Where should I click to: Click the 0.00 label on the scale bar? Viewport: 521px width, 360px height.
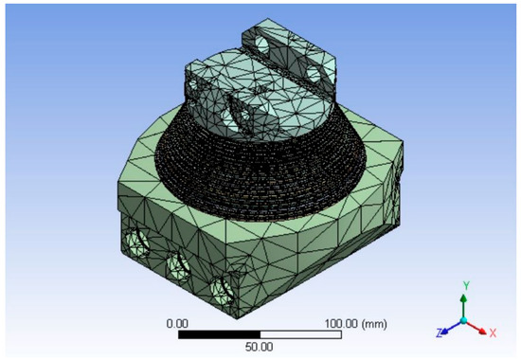pyautogui.click(x=178, y=323)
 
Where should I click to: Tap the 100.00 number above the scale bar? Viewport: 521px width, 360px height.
pyautogui.click(x=315, y=323)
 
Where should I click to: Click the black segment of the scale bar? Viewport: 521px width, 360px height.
pyautogui.click(x=219, y=334)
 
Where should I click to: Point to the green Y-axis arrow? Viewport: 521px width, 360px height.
pyautogui.click(x=463, y=303)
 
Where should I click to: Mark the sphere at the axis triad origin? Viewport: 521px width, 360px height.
pyautogui.click(x=463, y=320)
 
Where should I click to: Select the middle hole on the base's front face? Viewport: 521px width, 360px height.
pyautogui.click(x=176, y=262)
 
